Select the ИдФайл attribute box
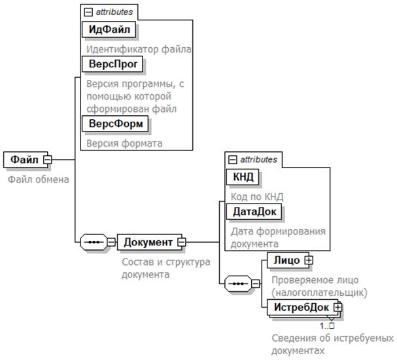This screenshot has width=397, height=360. tap(110, 29)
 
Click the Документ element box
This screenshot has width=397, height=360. tap(148, 242)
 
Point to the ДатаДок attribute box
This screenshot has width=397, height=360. tap(254, 212)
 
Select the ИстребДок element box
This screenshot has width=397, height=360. tap(301, 306)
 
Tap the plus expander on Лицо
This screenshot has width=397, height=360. tap(309, 260)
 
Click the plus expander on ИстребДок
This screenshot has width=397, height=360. tap(338, 306)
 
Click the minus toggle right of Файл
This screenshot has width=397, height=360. tap(48, 160)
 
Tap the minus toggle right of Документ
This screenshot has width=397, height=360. tap(182, 242)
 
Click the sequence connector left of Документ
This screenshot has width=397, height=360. tap(94, 242)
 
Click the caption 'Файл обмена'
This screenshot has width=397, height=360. tap(38, 179)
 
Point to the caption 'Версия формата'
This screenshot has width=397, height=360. tap(124, 143)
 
